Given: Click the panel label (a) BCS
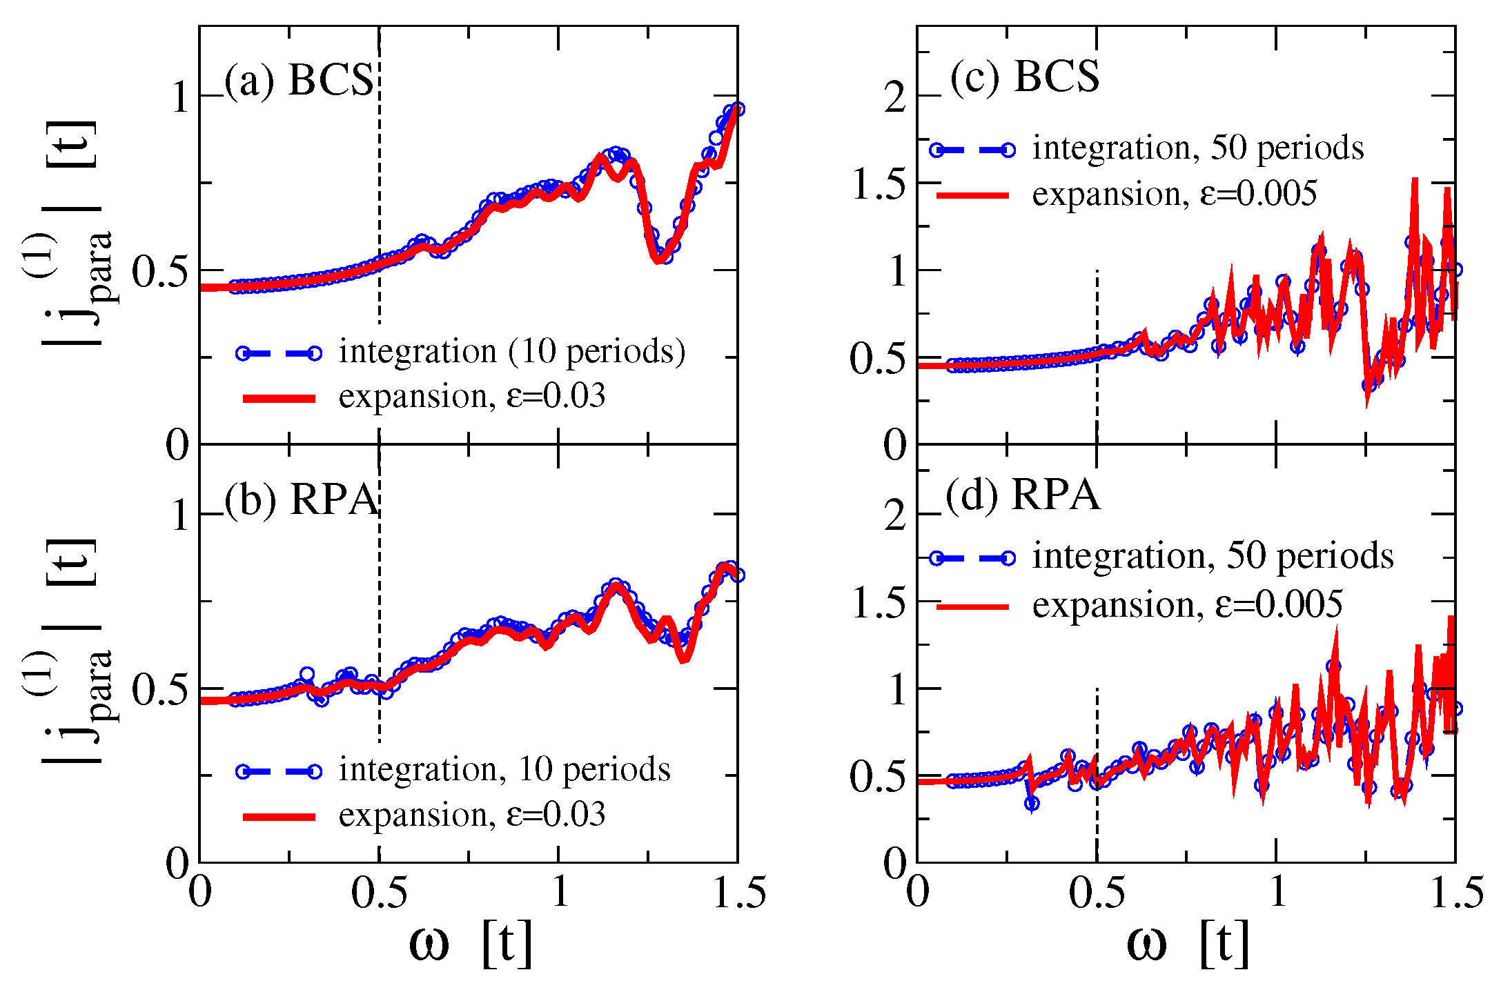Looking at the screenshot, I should tap(299, 80).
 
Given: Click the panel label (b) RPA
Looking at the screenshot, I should tap(302, 499).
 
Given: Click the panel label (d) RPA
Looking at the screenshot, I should tap(1023, 495).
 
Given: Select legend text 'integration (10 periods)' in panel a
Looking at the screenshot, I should tap(511, 352).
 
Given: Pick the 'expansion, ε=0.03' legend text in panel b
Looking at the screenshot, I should tap(472, 815).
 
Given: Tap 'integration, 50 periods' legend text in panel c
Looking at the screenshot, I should tap(1197, 148).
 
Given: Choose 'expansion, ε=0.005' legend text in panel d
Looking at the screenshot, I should tap(1187, 605).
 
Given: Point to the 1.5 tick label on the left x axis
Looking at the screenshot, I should tap(738, 893).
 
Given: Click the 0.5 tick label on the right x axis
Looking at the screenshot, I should tap(1097, 893).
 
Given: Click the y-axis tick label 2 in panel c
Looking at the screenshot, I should tap(895, 98).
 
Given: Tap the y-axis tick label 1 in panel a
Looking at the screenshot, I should tap(179, 98).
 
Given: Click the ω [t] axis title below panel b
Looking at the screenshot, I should tap(471, 943).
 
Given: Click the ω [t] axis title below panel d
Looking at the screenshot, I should tap(1188, 943).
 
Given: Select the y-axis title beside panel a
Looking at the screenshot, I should tap(72, 235).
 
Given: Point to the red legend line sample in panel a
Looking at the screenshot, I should tap(279, 398).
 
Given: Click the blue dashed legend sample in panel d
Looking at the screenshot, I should tap(972, 557).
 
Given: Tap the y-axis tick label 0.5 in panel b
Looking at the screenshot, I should tap(159, 689).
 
